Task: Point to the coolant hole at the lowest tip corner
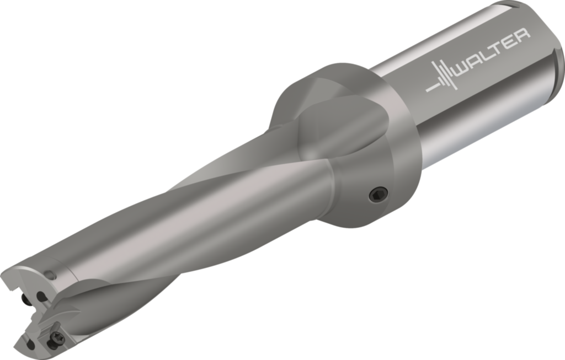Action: coord(31,345)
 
